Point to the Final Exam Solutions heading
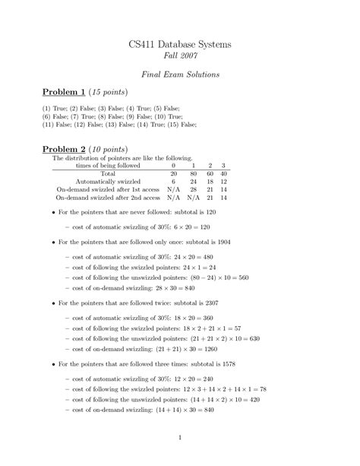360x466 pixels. coord(179,76)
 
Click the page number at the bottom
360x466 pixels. coord(179,437)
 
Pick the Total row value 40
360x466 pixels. coord(223,173)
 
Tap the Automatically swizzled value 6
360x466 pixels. coord(174,181)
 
